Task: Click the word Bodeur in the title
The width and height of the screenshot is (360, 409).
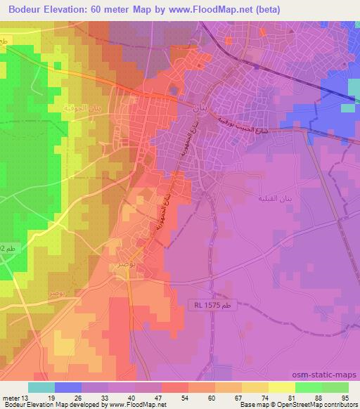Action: click(x=30, y=8)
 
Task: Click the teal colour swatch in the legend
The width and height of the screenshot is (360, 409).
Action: click(x=41, y=387)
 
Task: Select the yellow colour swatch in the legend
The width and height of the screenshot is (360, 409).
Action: click(x=281, y=387)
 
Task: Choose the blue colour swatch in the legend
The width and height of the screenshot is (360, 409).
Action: click(x=67, y=387)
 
